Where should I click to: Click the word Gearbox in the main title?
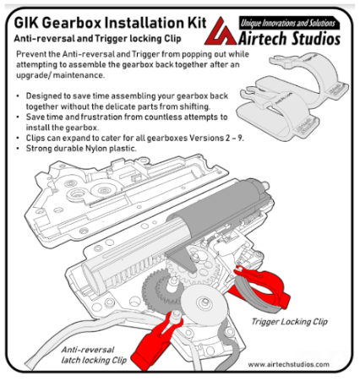pyautogui.click(x=73, y=23)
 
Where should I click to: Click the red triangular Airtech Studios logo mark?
pyautogui.click(x=221, y=32)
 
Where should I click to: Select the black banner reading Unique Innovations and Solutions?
pyautogui.click(x=288, y=23)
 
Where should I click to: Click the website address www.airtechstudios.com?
pyautogui.click(x=289, y=364)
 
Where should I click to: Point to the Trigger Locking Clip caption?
pyautogui.click(x=290, y=322)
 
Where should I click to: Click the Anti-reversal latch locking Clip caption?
pyautogui.click(x=94, y=355)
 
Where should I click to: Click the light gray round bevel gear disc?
pyautogui.click(x=203, y=304)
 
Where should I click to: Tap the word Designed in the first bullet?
pyautogui.click(x=44, y=96)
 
